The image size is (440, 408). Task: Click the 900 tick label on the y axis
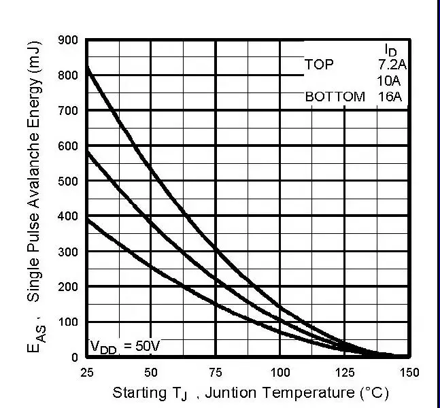point(68,39)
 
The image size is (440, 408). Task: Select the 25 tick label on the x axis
point(87,372)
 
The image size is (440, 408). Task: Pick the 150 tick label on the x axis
point(409,372)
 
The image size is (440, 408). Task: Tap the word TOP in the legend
point(319,65)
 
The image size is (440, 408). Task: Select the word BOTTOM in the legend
point(335,97)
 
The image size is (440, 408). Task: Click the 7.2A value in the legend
point(392,65)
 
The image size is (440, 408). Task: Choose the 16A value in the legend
point(390,97)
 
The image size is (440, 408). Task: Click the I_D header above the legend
point(390,50)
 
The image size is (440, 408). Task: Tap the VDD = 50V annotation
point(125,347)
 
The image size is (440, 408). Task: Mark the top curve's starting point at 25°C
point(87,67)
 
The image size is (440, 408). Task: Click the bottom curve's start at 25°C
point(87,219)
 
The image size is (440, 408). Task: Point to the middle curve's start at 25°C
point(87,151)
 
